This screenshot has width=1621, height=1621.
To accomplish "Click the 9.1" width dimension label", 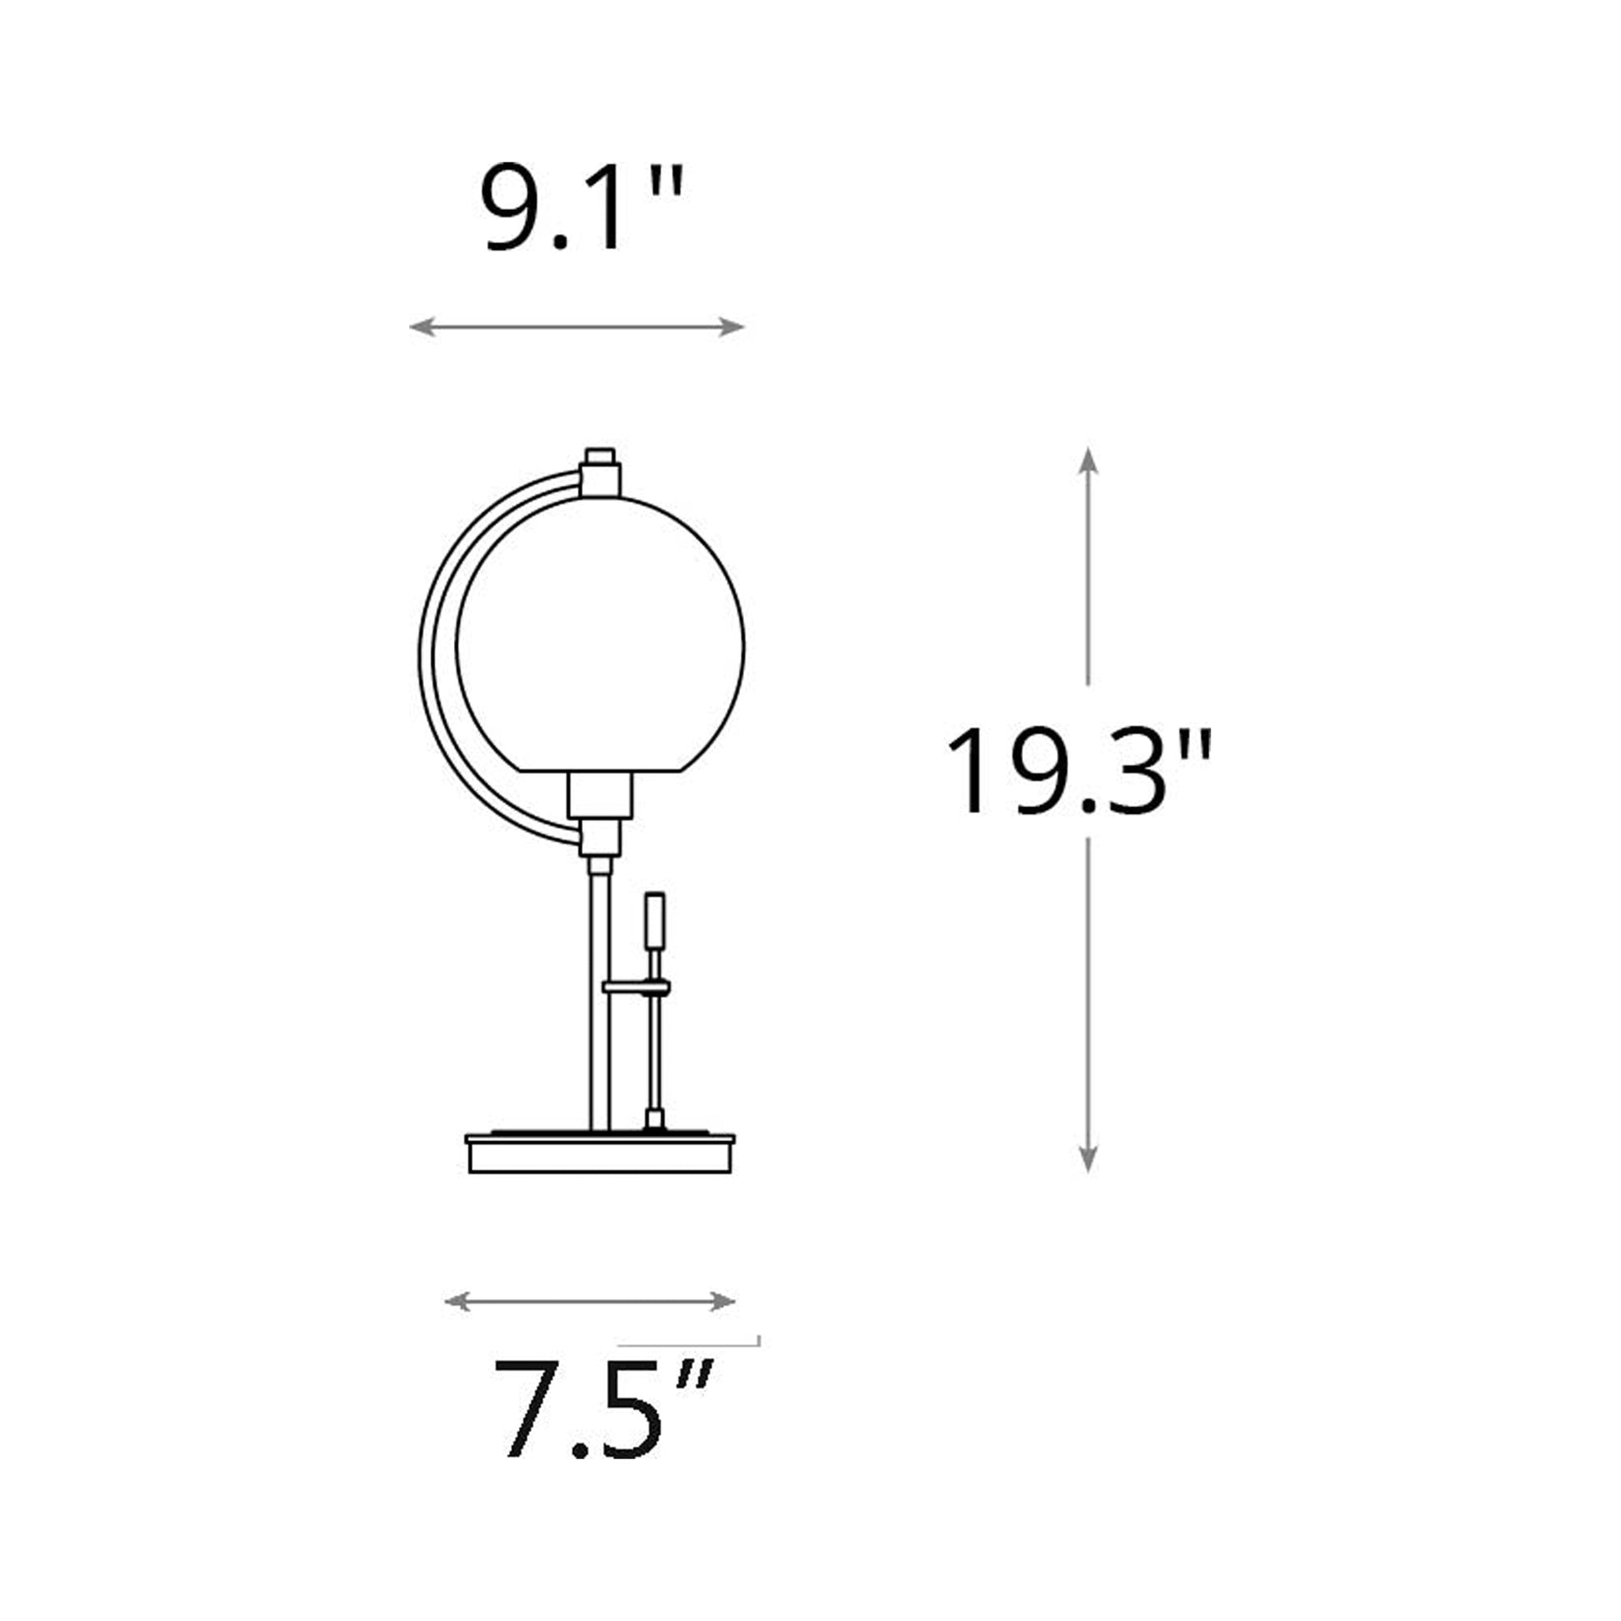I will click(581, 208).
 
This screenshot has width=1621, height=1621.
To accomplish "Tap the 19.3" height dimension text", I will click(1079, 771).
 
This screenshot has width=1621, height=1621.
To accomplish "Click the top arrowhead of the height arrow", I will click(1088, 460).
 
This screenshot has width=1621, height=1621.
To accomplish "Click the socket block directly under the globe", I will click(600, 795).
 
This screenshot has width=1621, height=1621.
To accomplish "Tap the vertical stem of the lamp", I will click(601, 999).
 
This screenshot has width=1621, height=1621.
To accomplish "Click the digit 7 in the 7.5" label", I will click(533, 1421).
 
